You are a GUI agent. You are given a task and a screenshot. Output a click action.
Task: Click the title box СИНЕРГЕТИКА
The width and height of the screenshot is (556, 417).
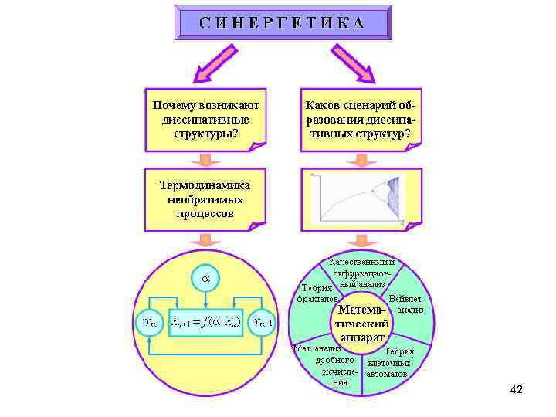pos(282,22)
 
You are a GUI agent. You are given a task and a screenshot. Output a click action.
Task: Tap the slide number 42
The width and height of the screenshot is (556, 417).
pos(517,389)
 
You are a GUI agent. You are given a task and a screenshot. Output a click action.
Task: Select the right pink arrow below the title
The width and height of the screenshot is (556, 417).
pos(354,62)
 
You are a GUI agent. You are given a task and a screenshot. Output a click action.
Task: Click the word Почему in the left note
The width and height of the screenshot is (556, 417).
pos(173,103)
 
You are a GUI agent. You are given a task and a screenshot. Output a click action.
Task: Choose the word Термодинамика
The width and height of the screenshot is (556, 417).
pos(205,185)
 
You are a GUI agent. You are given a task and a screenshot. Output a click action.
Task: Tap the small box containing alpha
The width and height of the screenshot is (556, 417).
pos(205,276)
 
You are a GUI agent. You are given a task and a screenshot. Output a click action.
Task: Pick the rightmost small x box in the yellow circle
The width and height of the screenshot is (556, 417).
pos(266,321)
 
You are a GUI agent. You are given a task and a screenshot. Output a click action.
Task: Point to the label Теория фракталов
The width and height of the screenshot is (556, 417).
pos(319,293)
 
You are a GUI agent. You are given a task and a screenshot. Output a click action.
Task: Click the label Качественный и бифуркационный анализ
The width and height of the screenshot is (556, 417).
pos(361,273)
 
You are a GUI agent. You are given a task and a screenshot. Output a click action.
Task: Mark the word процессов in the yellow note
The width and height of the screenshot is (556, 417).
pos(205,213)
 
